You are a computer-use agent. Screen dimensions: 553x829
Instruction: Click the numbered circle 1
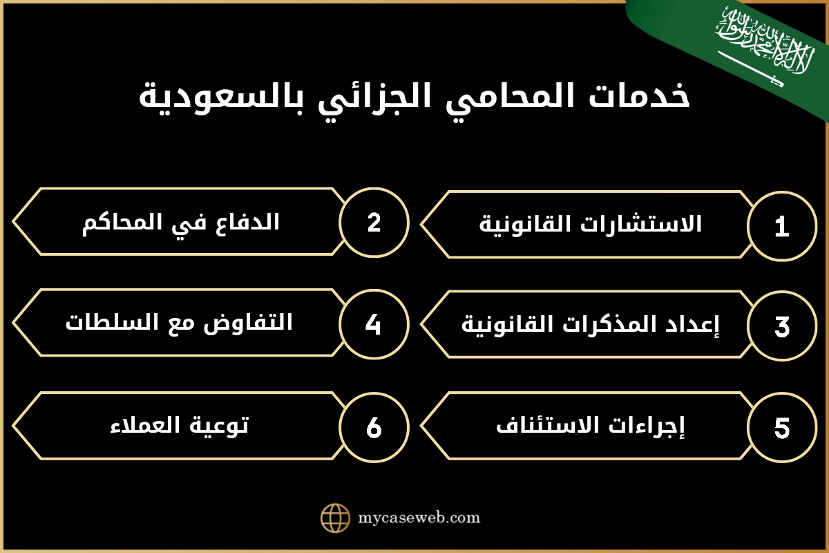click(782, 226)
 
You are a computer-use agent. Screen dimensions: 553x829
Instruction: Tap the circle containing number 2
click(374, 223)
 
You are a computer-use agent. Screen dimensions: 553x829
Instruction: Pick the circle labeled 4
click(374, 324)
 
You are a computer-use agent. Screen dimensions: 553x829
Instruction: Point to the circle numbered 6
click(374, 427)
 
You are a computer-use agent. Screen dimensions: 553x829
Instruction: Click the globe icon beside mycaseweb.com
click(336, 518)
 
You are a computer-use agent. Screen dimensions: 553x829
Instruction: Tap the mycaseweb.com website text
click(419, 518)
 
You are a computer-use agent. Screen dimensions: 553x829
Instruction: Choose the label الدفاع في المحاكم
click(180, 222)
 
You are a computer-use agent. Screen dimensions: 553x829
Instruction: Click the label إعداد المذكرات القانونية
click(591, 325)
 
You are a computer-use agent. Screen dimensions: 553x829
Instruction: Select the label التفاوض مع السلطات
click(179, 323)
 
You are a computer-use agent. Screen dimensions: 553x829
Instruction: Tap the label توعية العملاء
click(179, 425)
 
